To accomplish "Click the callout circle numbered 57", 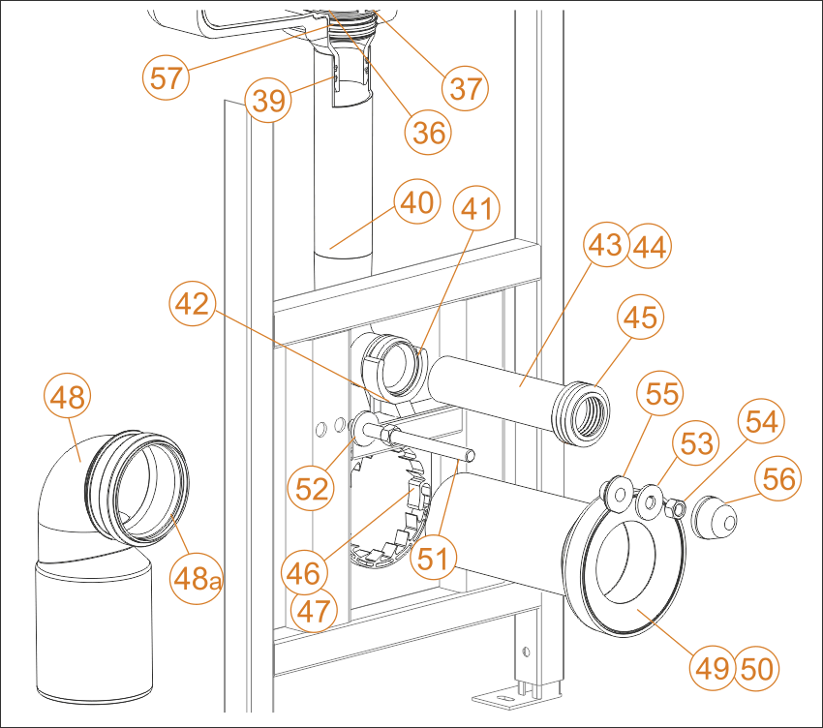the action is [166, 77].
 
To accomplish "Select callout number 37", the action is [466, 88].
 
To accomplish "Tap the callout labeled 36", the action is [428, 132].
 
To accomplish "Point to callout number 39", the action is [268, 100].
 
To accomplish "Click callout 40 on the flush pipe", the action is [417, 202].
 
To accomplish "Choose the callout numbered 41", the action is [476, 208].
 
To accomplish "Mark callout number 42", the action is [193, 303].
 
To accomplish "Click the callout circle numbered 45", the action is [640, 317].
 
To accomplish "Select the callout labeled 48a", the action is [197, 580].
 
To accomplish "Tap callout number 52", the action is [311, 488].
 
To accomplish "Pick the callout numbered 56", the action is [778, 477].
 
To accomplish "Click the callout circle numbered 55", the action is [660, 393].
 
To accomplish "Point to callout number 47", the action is [314, 611].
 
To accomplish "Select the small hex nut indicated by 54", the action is [675, 507].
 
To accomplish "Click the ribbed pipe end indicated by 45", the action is [582, 414].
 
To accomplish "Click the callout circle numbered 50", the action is [756, 669].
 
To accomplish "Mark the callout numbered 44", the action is [650, 246].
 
